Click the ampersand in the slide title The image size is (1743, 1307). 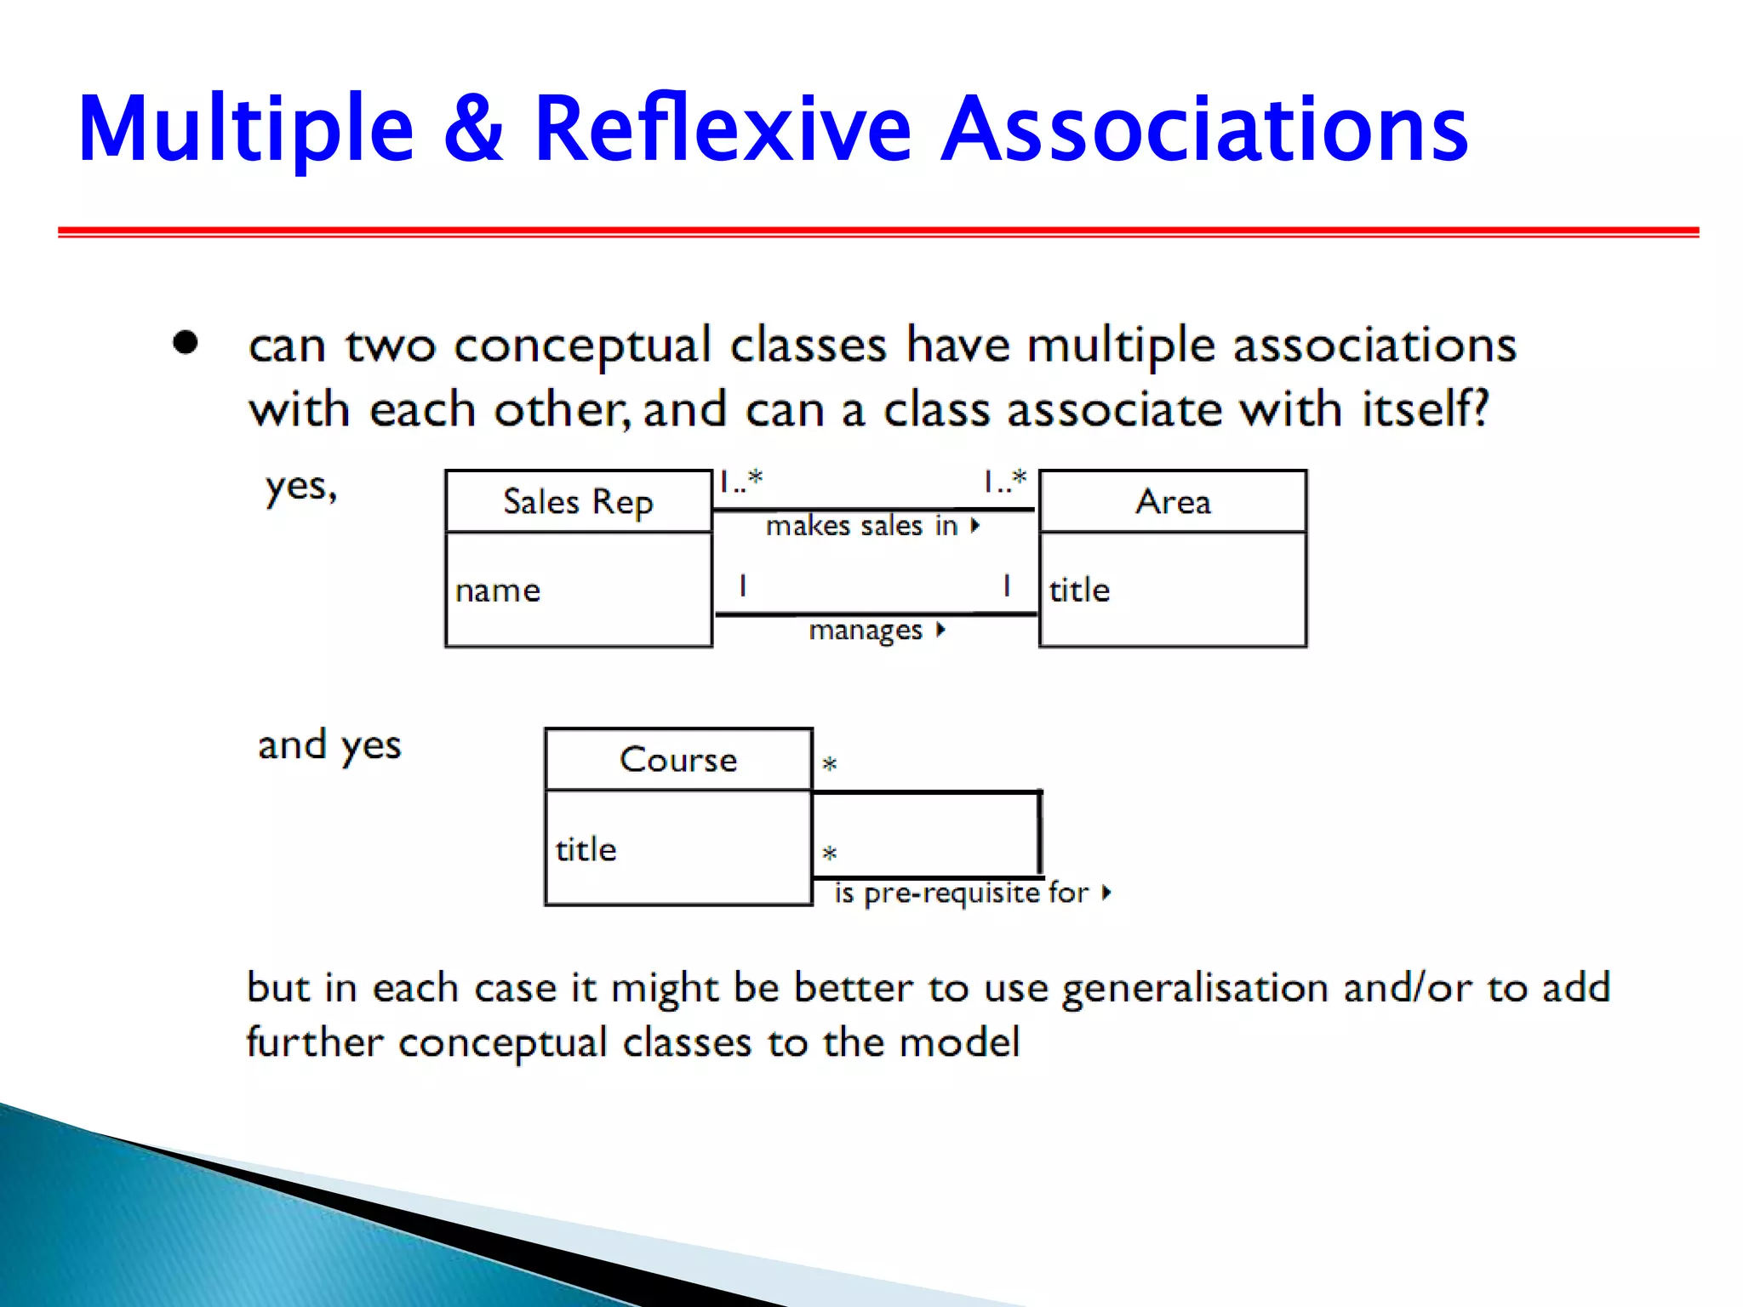click(473, 129)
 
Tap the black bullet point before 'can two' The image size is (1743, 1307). click(185, 343)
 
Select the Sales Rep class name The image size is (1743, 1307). click(578, 501)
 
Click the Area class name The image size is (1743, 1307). click(1173, 501)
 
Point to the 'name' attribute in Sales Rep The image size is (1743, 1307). click(498, 591)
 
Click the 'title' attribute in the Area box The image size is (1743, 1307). click(1079, 590)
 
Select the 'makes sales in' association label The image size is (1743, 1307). click(861, 526)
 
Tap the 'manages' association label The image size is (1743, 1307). click(865, 631)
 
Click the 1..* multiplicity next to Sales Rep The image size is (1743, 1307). click(740, 482)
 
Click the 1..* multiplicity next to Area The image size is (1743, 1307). click(1005, 482)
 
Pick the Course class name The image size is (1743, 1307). click(678, 759)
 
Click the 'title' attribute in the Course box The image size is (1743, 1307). click(586, 849)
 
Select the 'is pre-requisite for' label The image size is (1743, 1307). click(962, 893)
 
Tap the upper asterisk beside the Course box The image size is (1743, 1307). click(830, 764)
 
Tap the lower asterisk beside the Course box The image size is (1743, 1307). click(830, 853)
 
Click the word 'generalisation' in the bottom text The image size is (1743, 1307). click(1196, 989)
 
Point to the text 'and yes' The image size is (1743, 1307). click(329, 746)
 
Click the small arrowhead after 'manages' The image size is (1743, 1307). click(940, 630)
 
